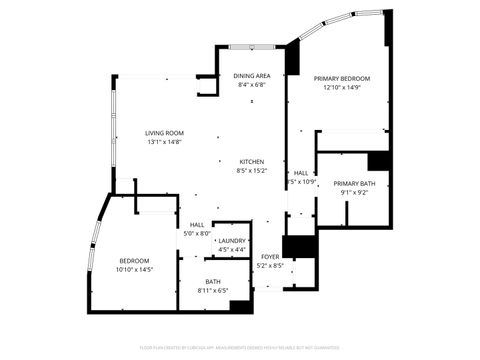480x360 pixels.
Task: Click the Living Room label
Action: [x=164, y=133]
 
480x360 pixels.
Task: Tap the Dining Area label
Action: [x=252, y=76]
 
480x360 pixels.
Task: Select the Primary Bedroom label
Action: [x=341, y=78]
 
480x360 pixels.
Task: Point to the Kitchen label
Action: [x=251, y=162]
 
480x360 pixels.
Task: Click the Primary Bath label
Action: [x=354, y=183]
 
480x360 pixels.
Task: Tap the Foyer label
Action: [x=270, y=257]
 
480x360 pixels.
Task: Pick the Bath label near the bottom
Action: [x=213, y=282]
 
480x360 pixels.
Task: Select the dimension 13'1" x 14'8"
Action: [x=164, y=142]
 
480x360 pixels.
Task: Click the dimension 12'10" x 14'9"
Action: [x=341, y=87]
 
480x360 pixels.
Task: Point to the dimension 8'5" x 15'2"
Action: [x=251, y=171]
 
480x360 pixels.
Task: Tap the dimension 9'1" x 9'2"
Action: [x=354, y=192]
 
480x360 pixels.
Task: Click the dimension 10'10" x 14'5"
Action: [x=133, y=270]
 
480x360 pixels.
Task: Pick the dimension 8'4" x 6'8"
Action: [x=252, y=85]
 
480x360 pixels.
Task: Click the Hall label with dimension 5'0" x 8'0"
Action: [x=196, y=225]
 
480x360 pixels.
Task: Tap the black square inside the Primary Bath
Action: [x=377, y=162]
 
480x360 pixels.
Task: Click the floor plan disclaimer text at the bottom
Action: [x=240, y=347]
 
